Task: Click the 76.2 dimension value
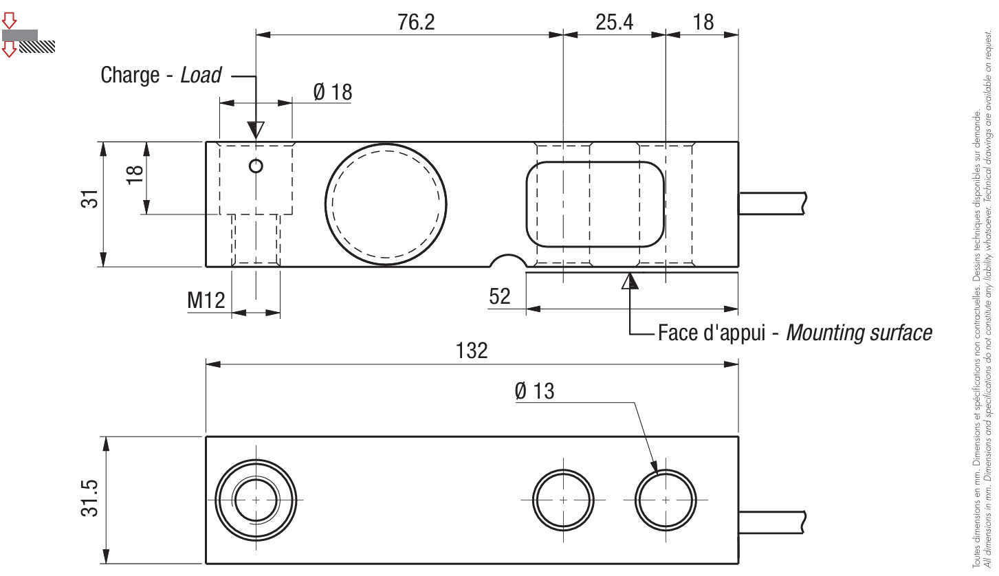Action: click(x=416, y=22)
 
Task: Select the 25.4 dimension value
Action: click(x=614, y=22)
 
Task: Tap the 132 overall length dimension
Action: click(x=472, y=351)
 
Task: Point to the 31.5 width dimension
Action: click(x=89, y=498)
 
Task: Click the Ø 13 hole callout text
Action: click(x=534, y=391)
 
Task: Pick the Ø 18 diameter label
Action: click(x=333, y=92)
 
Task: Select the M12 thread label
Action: click(x=206, y=300)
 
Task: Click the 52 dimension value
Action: click(x=499, y=296)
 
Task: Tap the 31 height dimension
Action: click(x=89, y=199)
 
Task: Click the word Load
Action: click(x=201, y=75)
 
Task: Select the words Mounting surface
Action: click(x=859, y=333)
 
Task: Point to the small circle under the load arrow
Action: click(x=256, y=166)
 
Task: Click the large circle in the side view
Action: click(x=386, y=204)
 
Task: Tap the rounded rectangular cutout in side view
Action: click(x=595, y=204)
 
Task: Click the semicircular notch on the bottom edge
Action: click(x=508, y=261)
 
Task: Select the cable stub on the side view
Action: click(x=772, y=203)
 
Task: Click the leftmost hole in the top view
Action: click(x=256, y=500)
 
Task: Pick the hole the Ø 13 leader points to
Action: click(x=666, y=500)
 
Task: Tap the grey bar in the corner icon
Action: click(x=20, y=35)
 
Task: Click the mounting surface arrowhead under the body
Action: click(x=630, y=281)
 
